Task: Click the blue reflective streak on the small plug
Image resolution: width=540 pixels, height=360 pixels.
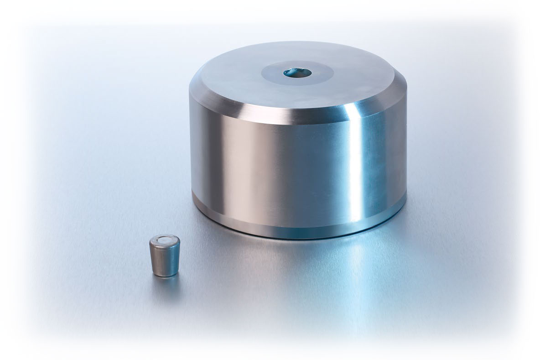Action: point(172,258)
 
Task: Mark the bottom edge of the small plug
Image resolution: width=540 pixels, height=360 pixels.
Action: point(165,274)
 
